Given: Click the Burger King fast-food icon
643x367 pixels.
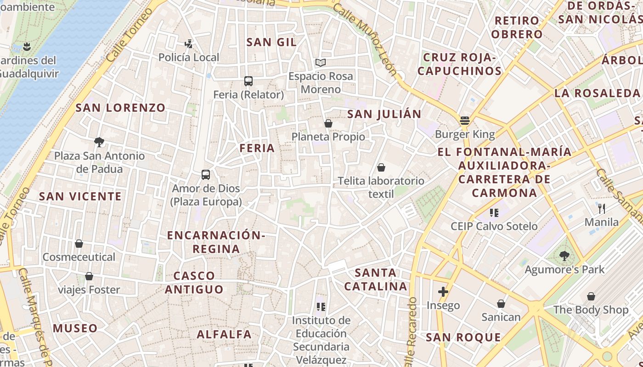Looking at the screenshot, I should [465, 121].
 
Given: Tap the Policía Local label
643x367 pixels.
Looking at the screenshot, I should [189, 57].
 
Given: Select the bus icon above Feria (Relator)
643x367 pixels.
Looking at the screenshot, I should [248, 81].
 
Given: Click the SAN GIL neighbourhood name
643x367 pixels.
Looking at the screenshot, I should [271, 42].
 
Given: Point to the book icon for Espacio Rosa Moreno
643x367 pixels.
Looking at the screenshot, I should [321, 62].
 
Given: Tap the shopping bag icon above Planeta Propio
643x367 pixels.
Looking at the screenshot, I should [328, 123].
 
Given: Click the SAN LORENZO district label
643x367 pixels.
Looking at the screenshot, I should [120, 108].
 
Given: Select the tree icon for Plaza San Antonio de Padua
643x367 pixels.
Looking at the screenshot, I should [99, 142].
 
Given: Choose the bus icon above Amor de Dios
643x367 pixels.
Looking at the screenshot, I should [206, 175].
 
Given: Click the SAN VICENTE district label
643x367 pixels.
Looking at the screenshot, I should [80, 196].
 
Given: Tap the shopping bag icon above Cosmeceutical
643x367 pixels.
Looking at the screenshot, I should [79, 244].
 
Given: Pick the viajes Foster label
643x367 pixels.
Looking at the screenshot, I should [89, 290].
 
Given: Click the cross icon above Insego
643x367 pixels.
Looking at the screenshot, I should [443, 292].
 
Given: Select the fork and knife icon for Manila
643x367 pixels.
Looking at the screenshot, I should [602, 209].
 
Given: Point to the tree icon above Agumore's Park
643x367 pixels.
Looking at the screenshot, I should [564, 256].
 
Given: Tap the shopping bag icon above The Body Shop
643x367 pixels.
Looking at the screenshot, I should [591, 296].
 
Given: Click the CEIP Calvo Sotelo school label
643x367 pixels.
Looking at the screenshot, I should [494, 226].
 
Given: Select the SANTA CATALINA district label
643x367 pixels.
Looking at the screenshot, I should [376, 279].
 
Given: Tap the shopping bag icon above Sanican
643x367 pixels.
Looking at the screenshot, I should [501, 304].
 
